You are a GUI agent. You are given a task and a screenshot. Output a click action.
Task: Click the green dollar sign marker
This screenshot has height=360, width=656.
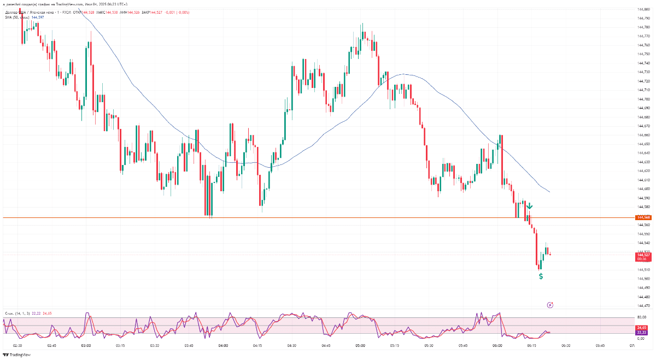click(541, 276)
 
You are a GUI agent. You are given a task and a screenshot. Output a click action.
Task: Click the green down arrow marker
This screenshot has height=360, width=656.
click(529, 206)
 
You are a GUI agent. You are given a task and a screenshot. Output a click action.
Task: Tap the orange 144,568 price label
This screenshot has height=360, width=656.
click(643, 217)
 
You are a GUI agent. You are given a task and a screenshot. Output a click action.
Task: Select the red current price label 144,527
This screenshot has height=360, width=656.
click(643, 255)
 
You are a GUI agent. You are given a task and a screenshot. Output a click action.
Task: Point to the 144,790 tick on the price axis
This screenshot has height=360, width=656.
click(643, 18)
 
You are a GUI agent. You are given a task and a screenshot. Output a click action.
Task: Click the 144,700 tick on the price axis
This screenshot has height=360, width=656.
click(643, 99)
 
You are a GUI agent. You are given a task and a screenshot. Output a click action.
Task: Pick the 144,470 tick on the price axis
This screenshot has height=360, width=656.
click(643, 305)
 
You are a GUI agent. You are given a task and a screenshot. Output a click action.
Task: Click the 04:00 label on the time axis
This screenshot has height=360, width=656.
click(223, 346)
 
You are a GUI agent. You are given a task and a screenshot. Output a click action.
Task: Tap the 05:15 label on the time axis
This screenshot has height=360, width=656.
click(395, 346)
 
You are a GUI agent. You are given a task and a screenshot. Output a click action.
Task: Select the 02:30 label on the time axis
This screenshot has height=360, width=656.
click(17, 346)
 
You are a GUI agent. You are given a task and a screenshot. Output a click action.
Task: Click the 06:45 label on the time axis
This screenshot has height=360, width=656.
click(600, 346)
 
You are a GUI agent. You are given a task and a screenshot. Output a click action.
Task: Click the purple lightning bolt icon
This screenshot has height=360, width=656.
click(550, 305)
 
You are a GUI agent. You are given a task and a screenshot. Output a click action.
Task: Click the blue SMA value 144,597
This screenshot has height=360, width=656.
click(38, 17)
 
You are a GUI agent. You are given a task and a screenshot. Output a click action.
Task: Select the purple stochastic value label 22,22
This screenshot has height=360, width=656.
click(642, 332)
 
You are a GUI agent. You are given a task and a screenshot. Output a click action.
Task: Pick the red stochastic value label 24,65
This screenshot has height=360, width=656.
click(642, 327)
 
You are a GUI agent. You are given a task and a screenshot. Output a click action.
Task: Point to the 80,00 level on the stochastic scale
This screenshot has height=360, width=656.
click(642, 317)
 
